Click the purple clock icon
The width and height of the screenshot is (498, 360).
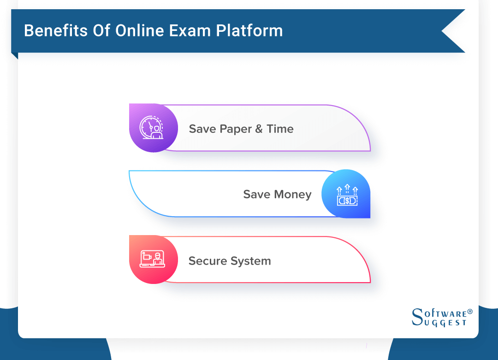click(152, 128)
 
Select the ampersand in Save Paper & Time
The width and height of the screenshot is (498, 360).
click(259, 129)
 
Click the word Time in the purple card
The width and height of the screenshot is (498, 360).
click(280, 129)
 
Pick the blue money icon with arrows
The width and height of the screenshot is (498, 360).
click(347, 194)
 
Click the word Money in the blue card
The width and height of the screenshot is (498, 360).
click(293, 195)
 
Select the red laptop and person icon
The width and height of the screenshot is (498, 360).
click(152, 259)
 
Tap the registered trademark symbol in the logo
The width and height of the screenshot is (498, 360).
click(470, 312)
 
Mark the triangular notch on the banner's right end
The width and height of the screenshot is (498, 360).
click(450, 31)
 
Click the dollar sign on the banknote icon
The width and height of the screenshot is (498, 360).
click(347, 201)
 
